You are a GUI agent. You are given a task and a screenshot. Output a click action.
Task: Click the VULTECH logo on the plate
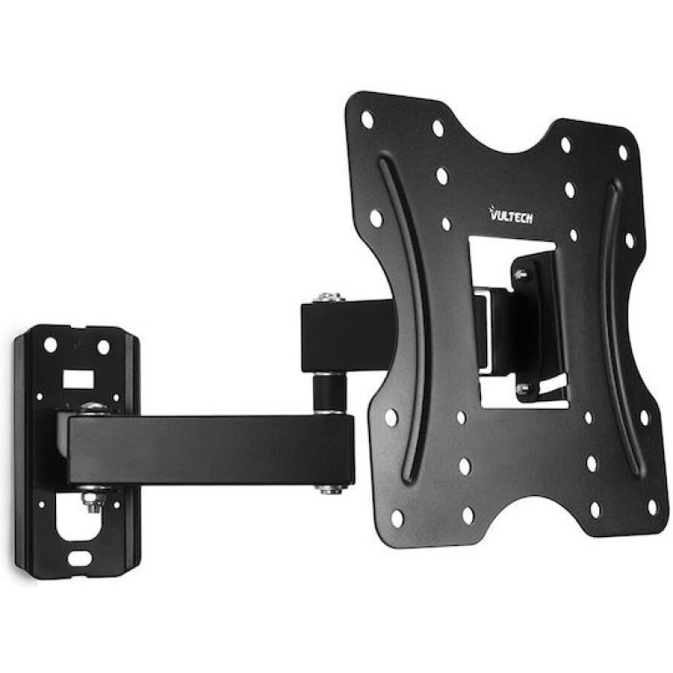511,215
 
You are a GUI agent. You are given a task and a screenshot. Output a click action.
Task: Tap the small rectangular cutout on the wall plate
78,379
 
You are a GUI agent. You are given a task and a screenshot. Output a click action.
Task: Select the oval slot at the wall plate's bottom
80,558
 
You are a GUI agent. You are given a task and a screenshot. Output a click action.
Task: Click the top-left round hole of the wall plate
50,344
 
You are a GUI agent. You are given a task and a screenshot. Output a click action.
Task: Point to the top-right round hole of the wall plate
103,347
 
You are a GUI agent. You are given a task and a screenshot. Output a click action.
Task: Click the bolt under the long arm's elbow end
330,488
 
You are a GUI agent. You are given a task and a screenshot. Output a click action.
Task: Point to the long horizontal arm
210,450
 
